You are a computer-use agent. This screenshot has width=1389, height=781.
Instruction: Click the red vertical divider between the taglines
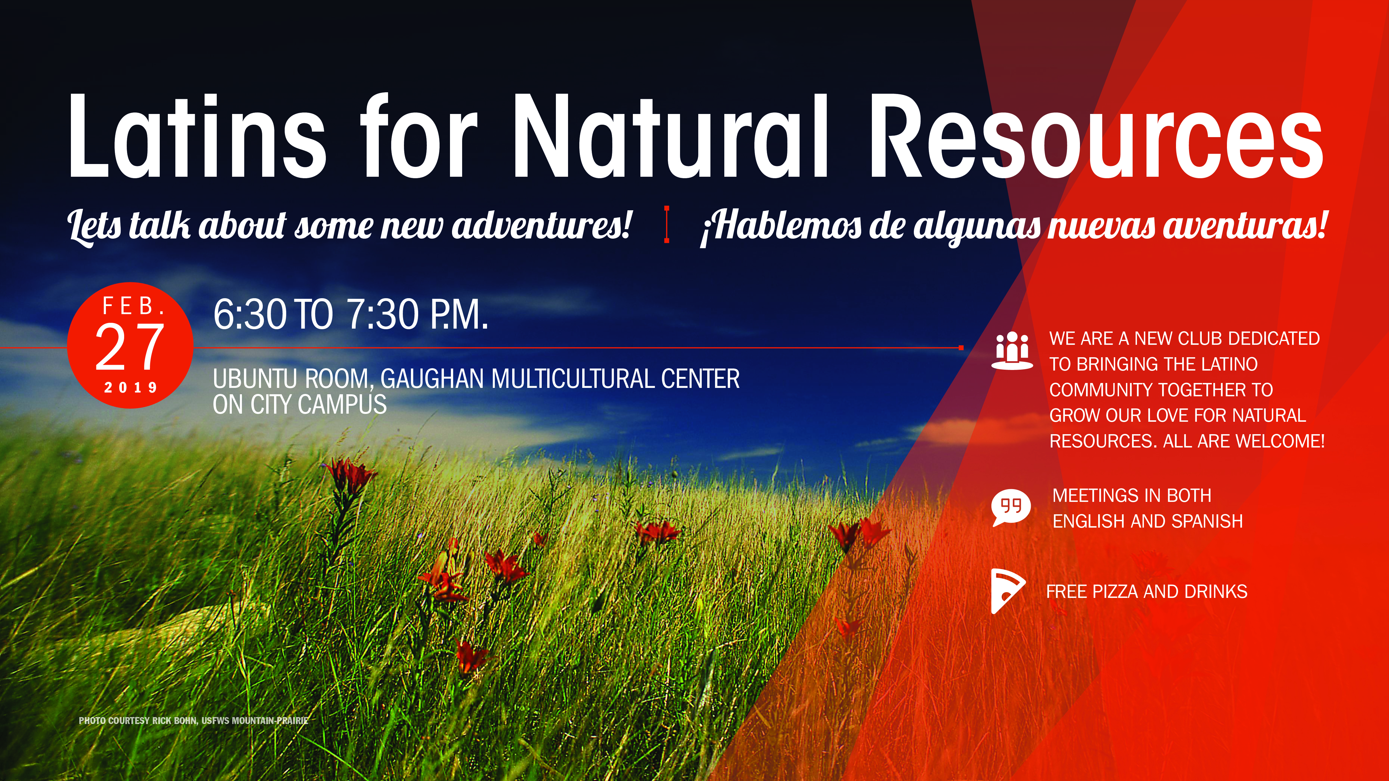(x=667, y=224)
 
